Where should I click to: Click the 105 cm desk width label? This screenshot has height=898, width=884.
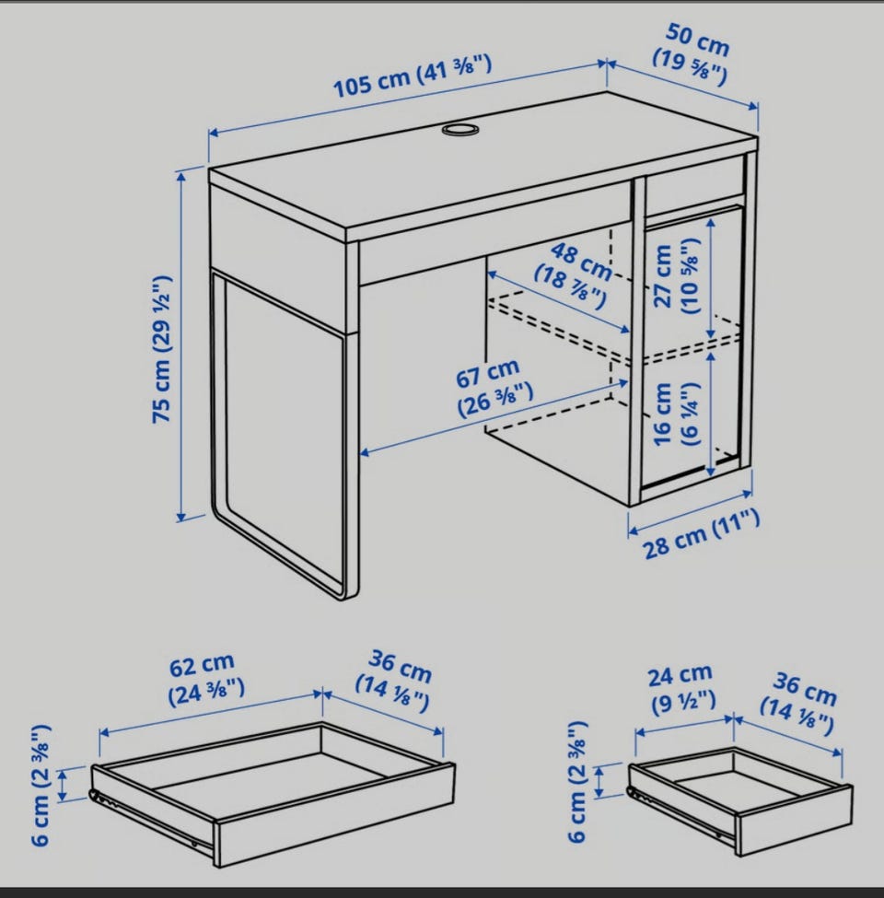413,76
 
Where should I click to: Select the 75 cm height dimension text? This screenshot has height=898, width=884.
162,349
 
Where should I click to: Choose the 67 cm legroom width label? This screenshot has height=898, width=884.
494,389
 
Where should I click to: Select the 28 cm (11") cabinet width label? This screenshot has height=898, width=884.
702,534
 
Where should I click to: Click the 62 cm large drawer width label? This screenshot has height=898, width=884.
206,679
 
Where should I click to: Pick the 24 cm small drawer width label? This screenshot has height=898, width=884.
681,689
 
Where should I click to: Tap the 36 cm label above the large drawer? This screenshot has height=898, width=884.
395,681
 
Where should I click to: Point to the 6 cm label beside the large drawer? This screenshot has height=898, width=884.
41,785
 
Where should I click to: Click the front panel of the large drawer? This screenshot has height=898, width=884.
336,813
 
